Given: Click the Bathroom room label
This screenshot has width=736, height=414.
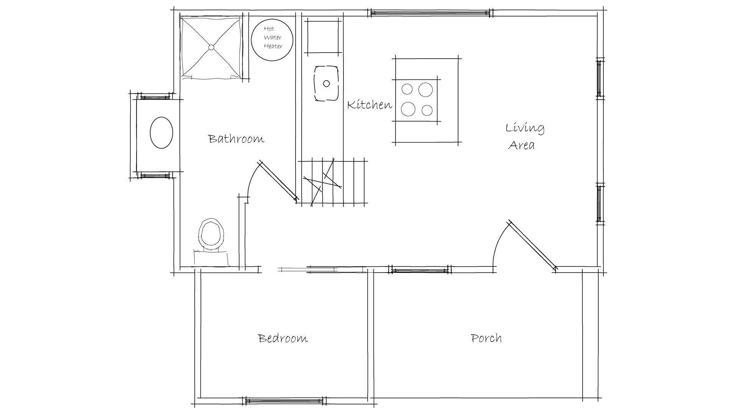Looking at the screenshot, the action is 236,138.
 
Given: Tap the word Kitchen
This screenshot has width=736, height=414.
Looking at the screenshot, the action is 370,105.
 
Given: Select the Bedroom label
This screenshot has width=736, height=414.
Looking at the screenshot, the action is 283,338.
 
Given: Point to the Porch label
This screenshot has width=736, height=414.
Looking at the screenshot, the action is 486,338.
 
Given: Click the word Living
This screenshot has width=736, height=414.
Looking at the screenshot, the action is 525,128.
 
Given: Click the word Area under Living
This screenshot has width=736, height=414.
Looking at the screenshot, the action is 521,145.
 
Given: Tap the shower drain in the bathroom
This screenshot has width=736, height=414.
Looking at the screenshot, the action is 211,48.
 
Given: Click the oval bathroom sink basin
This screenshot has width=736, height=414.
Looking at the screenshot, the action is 161,133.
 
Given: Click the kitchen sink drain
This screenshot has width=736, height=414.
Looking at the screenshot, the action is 327,83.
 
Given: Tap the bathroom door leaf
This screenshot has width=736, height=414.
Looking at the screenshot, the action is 278,181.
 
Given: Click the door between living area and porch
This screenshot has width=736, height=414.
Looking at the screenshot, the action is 532,245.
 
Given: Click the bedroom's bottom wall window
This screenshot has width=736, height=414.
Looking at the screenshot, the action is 284,401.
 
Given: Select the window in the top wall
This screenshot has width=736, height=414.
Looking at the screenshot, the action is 430,13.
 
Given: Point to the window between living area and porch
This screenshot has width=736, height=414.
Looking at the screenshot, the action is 420,270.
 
